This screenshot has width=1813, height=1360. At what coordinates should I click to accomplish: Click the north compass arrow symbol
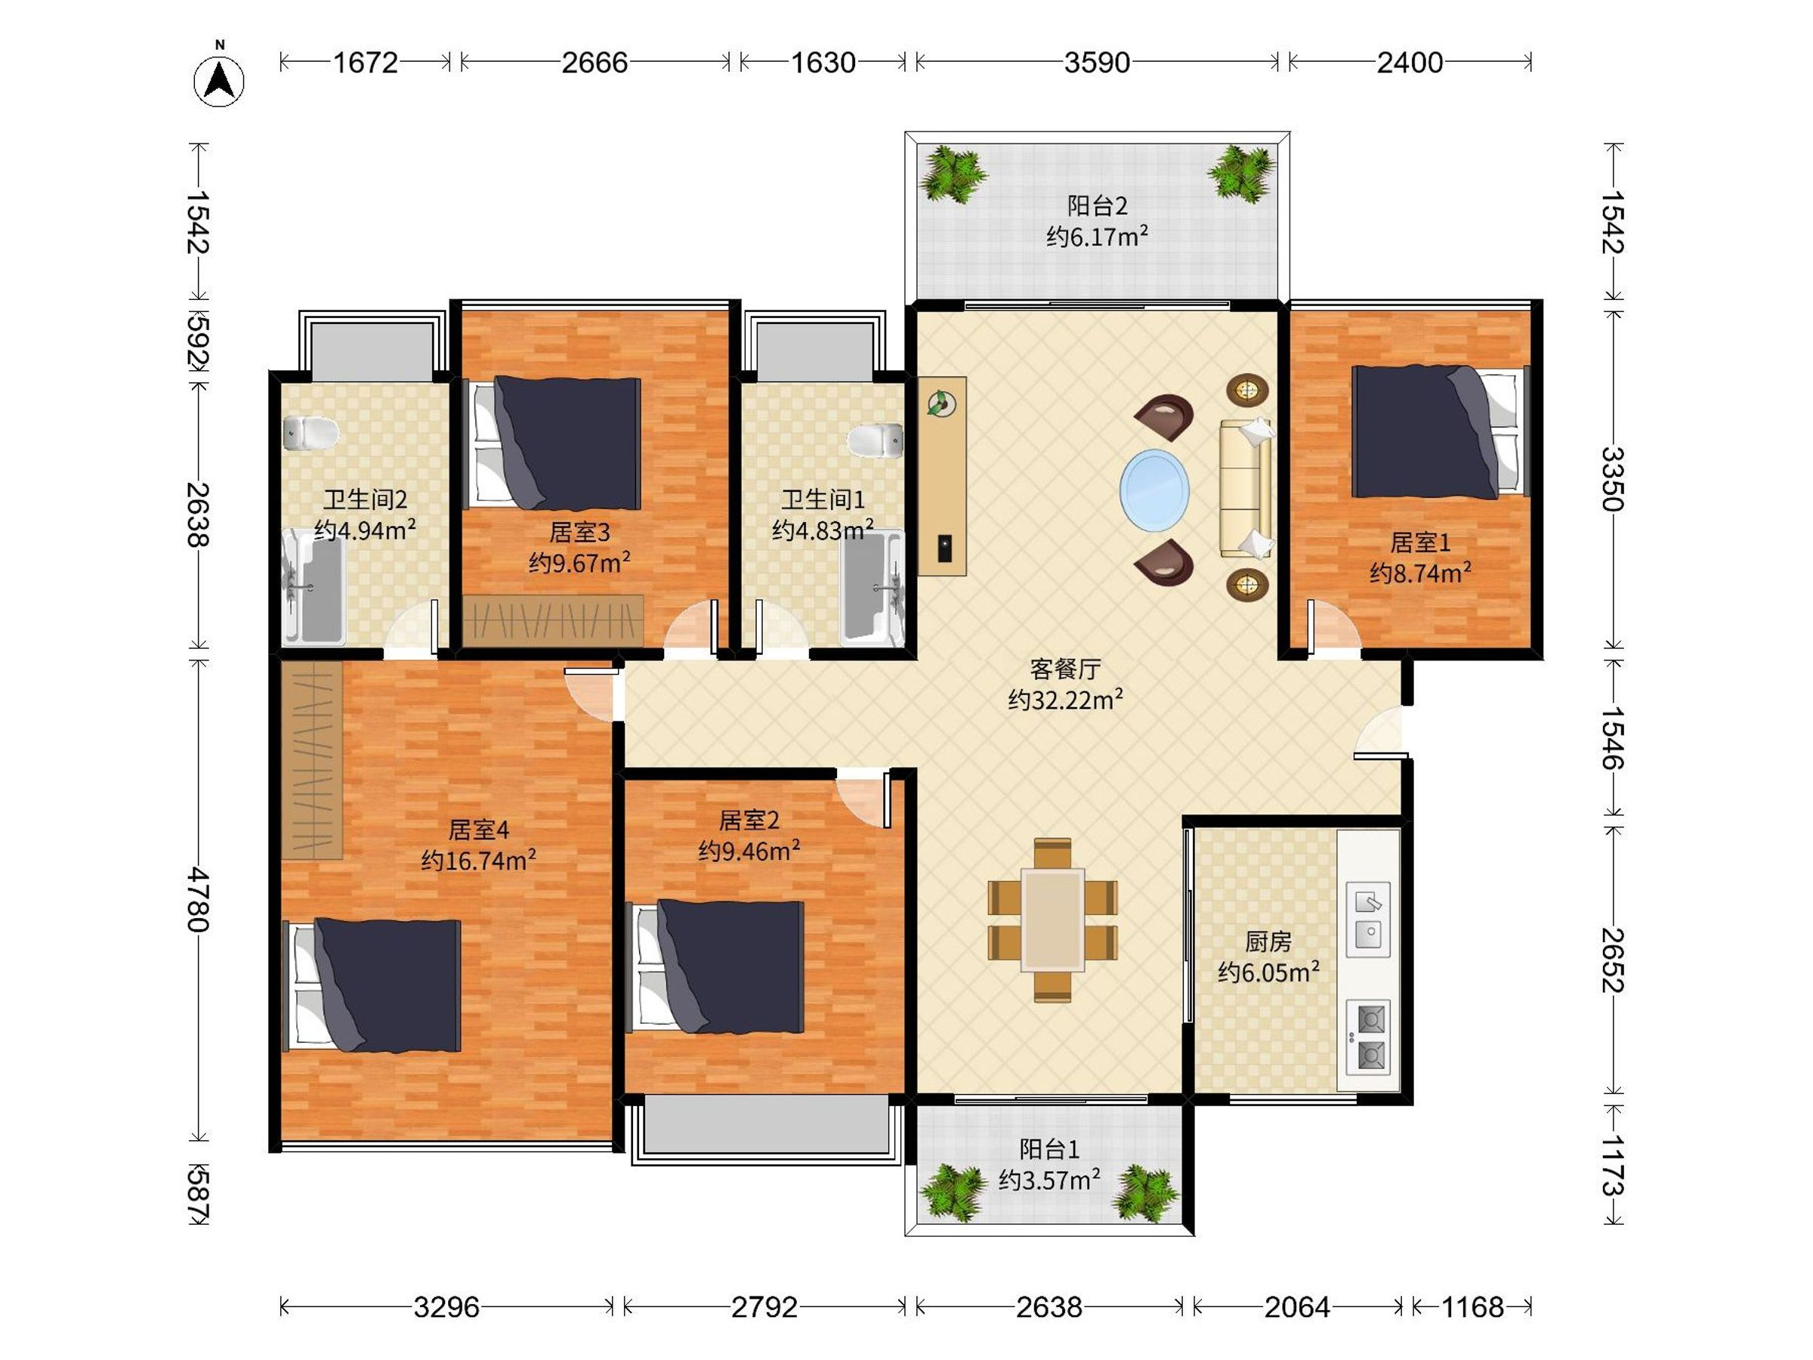(x=219, y=79)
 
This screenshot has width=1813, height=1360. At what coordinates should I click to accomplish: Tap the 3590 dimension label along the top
(x=1097, y=62)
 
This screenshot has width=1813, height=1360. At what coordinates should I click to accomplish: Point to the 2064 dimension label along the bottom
(x=1296, y=1306)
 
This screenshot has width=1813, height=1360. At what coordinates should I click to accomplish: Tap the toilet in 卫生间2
(x=310, y=433)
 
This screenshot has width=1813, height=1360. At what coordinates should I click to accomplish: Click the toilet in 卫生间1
(x=876, y=440)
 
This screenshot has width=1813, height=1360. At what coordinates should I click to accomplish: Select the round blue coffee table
(x=1154, y=490)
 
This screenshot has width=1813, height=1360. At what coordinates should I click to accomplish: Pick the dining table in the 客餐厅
(x=1052, y=920)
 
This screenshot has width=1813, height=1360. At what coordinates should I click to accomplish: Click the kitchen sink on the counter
(x=1368, y=919)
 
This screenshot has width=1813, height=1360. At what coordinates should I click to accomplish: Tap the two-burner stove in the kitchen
(x=1368, y=1037)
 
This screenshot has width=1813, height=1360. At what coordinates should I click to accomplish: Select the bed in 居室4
(x=372, y=985)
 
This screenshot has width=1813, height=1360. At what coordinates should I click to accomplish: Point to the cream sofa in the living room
(x=1246, y=489)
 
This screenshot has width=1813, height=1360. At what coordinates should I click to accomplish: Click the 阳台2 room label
(x=1097, y=205)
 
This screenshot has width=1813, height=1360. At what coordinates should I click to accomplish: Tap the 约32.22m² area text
(x=1064, y=699)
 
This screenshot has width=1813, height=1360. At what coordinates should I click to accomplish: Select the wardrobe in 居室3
(x=552, y=619)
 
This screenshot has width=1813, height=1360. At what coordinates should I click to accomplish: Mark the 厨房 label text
(x=1268, y=942)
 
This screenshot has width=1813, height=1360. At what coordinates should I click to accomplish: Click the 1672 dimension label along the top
(x=365, y=62)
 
